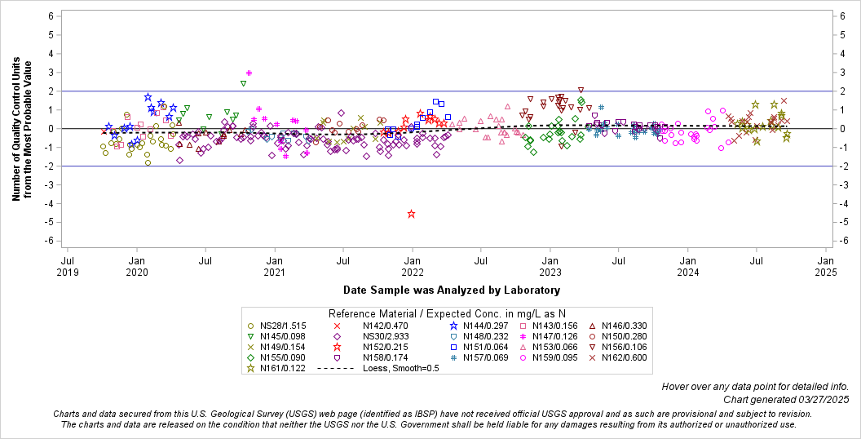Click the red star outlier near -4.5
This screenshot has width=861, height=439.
tap(411, 214)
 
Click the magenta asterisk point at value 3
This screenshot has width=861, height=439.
tap(249, 73)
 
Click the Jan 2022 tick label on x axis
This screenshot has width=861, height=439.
tap(413, 266)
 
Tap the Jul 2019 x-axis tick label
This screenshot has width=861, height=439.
tap(68, 266)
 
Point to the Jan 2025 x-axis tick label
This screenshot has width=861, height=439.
tap(825, 266)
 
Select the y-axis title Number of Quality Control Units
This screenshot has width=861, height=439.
tap(22, 129)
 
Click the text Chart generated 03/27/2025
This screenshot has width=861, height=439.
tap(786, 399)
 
